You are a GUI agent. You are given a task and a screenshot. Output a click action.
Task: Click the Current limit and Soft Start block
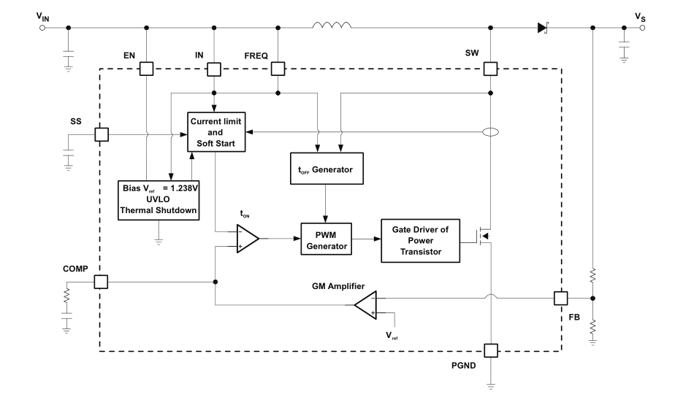[216, 132]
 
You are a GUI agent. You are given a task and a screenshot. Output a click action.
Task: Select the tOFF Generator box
[327, 169]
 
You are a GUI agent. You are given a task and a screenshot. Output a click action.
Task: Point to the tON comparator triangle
[246, 238]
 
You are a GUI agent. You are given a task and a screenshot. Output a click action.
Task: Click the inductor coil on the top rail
[332, 27]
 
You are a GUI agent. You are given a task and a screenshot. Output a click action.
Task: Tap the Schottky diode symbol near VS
[544, 28]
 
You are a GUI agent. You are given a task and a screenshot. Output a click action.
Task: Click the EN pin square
[146, 69]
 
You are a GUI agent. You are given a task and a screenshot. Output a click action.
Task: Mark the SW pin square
[490, 69]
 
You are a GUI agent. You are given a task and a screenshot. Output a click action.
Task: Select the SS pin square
[100, 134]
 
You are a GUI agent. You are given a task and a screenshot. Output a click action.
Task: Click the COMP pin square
[100, 282]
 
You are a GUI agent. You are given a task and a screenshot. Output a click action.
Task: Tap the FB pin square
[560, 298]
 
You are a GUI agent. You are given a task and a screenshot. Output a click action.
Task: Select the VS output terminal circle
[642, 28]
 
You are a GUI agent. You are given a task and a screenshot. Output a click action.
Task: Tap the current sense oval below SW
[490, 133]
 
